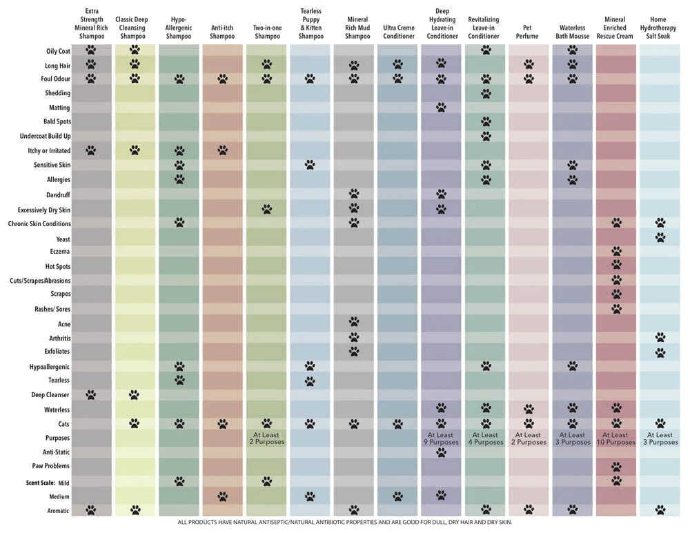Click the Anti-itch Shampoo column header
point(222,32)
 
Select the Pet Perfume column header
point(527,32)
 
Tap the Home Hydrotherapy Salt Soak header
point(658,28)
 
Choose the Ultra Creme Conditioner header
point(399,32)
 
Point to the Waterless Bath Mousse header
point(572,32)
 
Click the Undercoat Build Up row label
point(45,137)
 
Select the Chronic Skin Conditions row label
point(39,224)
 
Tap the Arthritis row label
point(60,338)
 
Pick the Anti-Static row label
point(56,452)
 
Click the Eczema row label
point(60,252)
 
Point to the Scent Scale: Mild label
point(48,483)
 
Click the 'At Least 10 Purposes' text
point(615,439)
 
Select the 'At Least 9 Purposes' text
point(441,439)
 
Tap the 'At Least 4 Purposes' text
point(485,439)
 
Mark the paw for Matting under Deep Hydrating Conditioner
point(441,108)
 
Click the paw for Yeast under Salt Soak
point(660,237)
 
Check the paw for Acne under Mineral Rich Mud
point(354,321)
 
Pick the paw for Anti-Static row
point(441,452)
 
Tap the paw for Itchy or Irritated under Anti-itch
point(223,150)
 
